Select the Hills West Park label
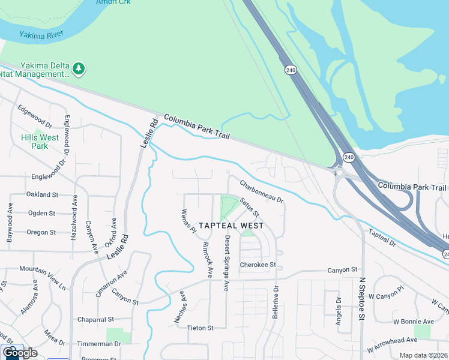coord(40,142)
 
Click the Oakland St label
coord(42,195)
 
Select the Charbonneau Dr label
coord(261,191)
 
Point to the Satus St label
coord(249,208)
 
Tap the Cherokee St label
coord(257,265)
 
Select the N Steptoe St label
coord(362,298)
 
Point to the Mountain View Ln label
coord(42,269)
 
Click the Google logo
coord(20,353)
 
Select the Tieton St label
coord(201,328)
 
